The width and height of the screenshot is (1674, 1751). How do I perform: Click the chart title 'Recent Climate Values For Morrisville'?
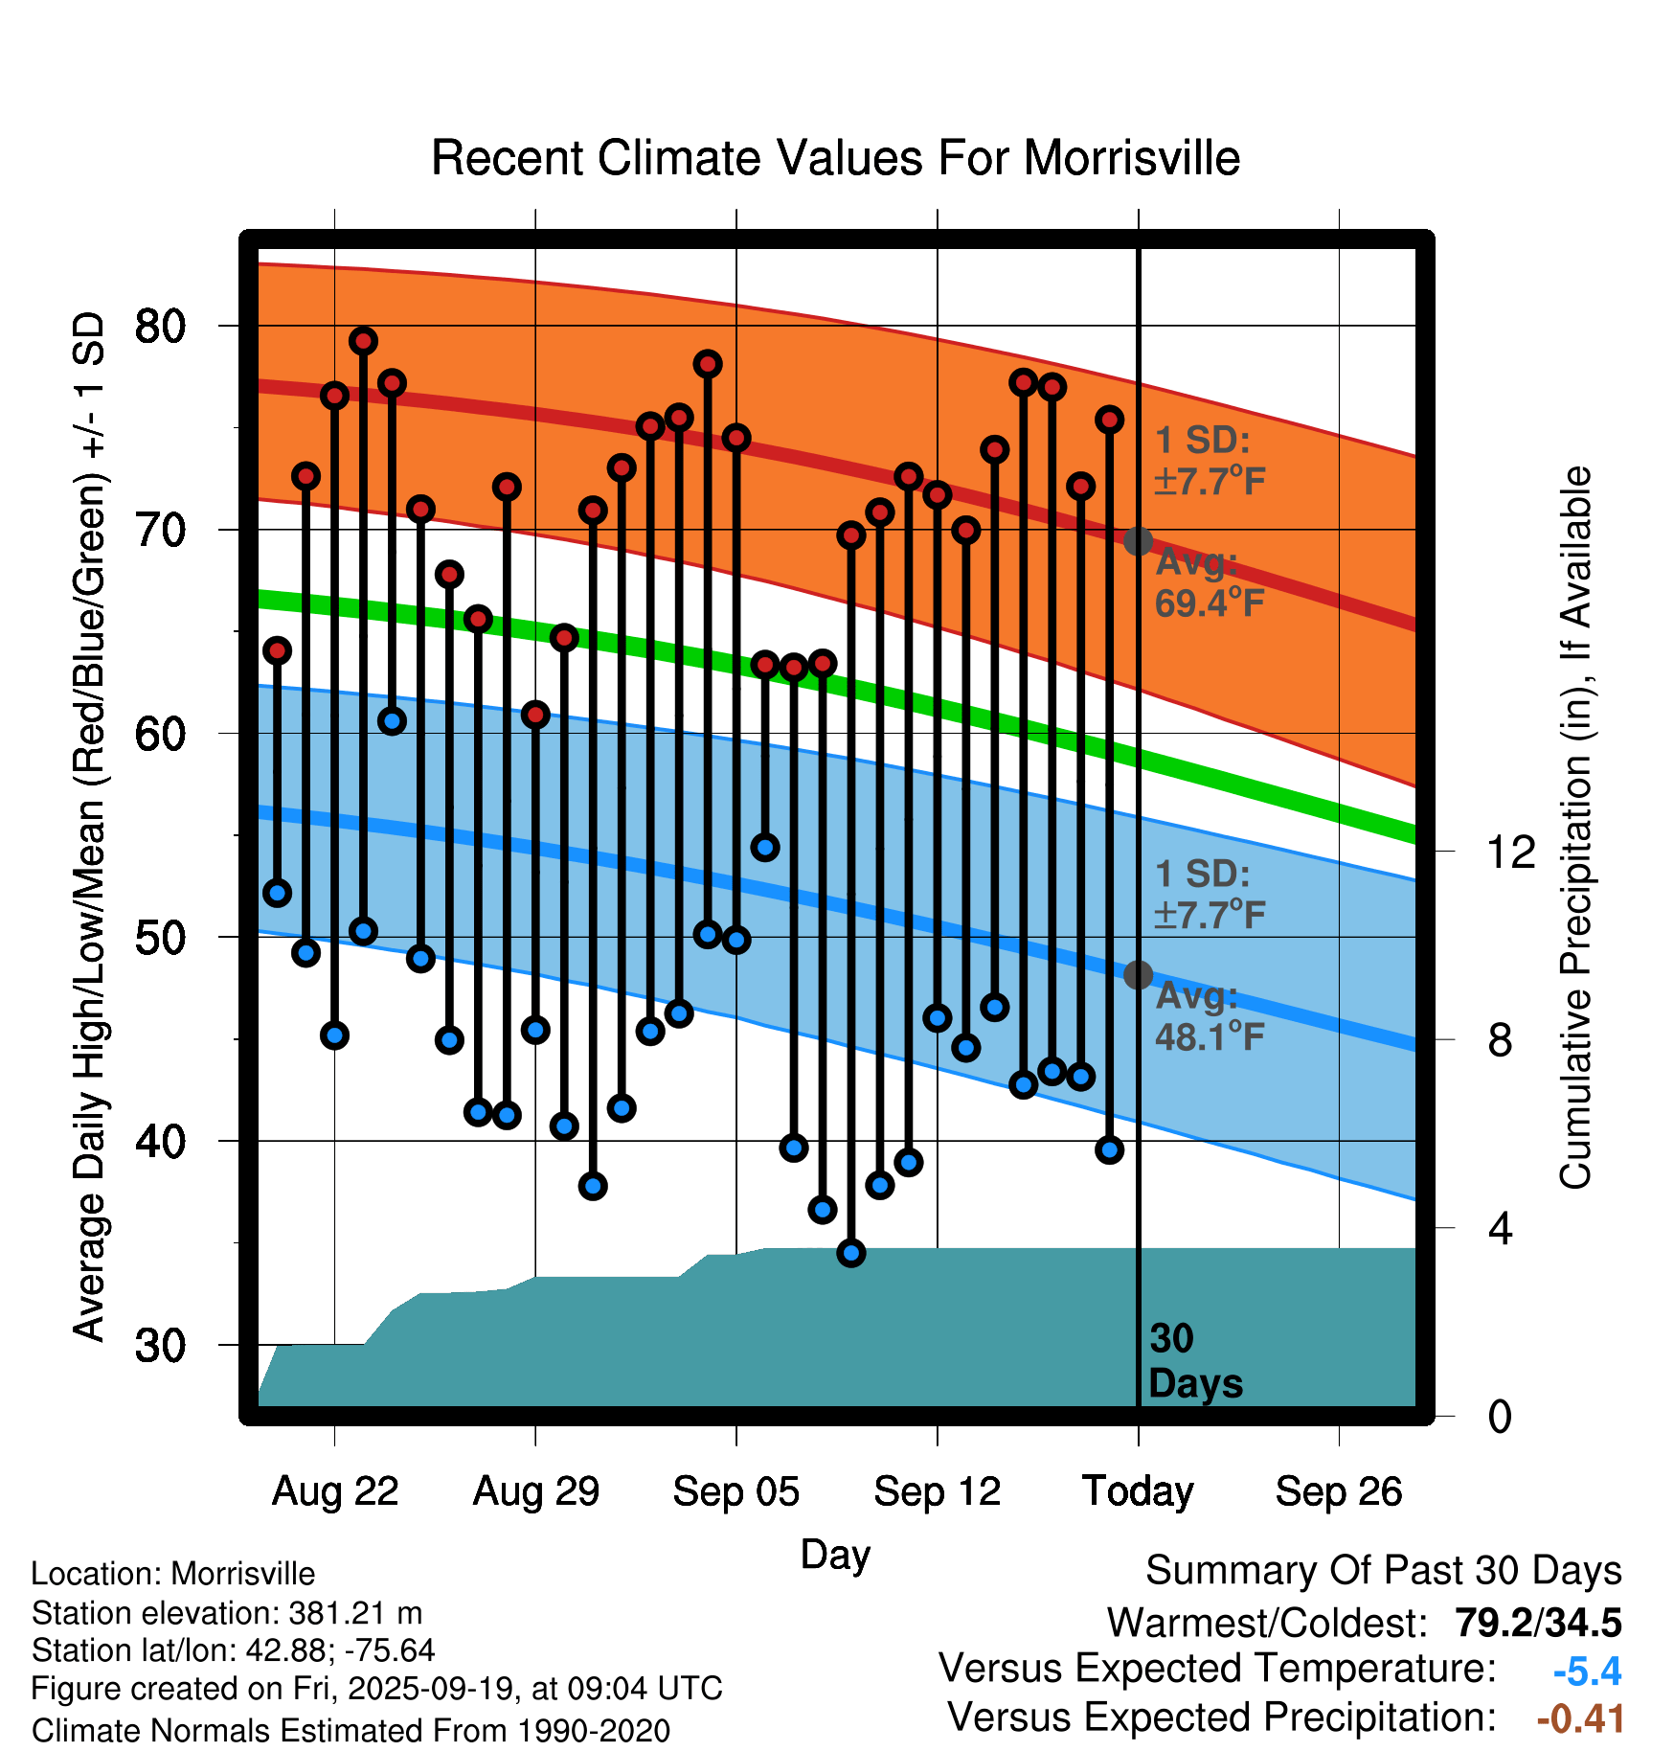(835, 158)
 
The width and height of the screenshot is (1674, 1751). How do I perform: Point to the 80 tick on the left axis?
(160, 327)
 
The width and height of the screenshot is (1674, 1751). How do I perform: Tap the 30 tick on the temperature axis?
(160, 1346)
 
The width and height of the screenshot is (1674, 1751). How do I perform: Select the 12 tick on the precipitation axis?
(1510, 852)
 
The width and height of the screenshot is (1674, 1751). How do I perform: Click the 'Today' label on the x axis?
(1138, 1491)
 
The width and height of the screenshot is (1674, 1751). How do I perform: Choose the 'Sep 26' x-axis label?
(1338, 1491)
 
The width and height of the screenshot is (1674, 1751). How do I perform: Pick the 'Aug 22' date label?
(335, 1491)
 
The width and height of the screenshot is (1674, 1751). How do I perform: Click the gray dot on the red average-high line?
(1138, 541)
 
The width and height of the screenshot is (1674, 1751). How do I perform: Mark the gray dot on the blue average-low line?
(1138, 975)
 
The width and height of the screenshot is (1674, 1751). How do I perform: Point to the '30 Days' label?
(1194, 1361)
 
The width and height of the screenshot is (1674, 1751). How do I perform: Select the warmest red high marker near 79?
(363, 341)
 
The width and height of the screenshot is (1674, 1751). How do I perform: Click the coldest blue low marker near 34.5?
(851, 1253)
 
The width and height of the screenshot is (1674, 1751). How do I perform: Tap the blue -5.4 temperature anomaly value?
(1587, 1671)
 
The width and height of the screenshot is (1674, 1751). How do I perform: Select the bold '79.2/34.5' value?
(1538, 1623)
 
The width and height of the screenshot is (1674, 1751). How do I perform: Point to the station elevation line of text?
(227, 1613)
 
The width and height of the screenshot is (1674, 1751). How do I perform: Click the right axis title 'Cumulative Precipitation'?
(1574, 829)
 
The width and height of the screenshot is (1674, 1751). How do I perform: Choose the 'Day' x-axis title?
(835, 1554)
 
